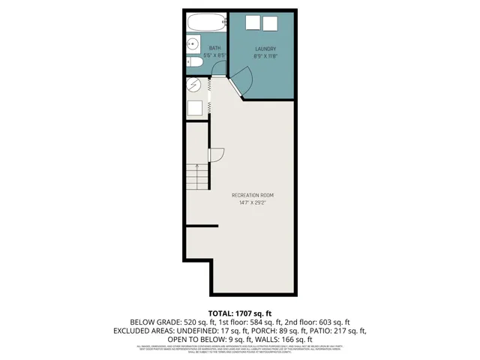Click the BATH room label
(x=215, y=48)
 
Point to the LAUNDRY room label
(x=266, y=49)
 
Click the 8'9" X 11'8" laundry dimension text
(x=266, y=56)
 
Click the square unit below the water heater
(x=195, y=107)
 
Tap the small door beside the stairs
(x=215, y=155)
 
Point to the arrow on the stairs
(x=197, y=169)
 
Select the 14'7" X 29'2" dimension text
(x=253, y=202)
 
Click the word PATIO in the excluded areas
(x=319, y=330)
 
